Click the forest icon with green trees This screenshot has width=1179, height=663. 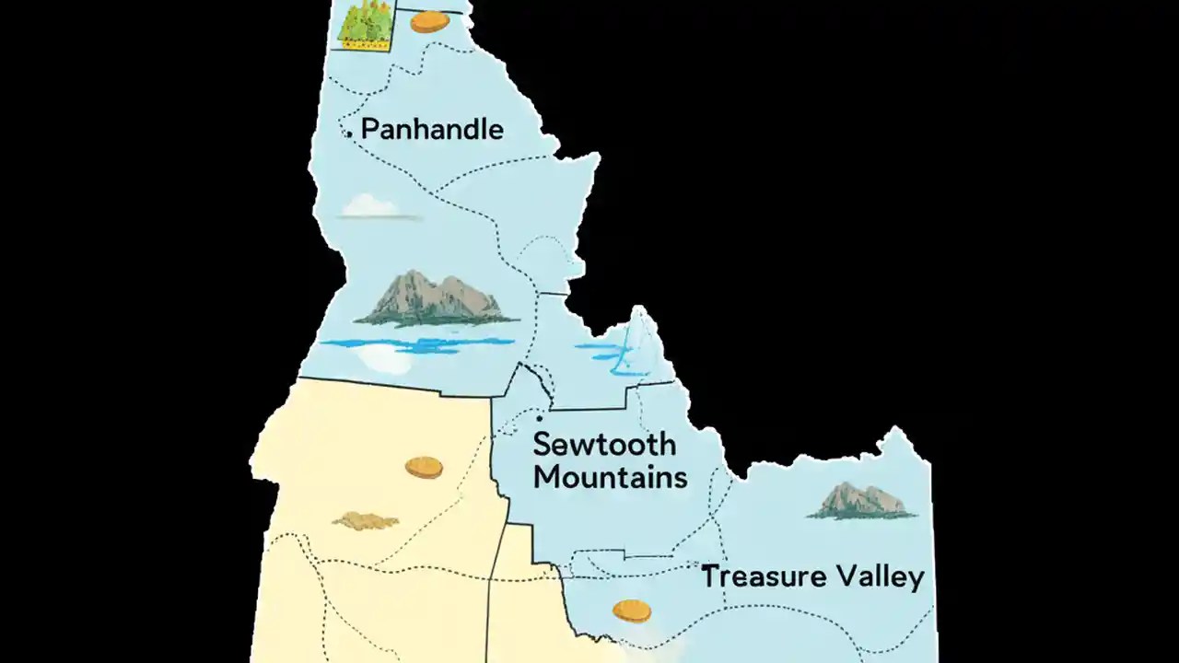click(365, 25)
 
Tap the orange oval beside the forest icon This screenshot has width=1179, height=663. click(429, 21)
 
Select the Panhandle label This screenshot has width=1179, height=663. click(431, 129)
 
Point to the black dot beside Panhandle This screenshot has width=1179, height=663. click(349, 134)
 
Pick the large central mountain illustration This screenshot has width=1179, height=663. click(431, 298)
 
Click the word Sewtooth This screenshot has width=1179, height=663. click(603, 445)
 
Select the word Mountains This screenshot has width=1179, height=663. click(610, 477)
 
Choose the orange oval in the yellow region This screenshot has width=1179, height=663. click(424, 468)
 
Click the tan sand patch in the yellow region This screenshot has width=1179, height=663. click(365, 521)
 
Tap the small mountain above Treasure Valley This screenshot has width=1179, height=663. click(861, 501)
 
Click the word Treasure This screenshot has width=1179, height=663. click(764, 577)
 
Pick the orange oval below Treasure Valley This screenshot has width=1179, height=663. click(632, 610)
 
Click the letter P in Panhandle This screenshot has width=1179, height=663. click(370, 129)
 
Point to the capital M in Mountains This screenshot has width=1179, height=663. click(547, 477)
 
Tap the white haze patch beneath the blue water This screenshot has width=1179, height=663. click(387, 361)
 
